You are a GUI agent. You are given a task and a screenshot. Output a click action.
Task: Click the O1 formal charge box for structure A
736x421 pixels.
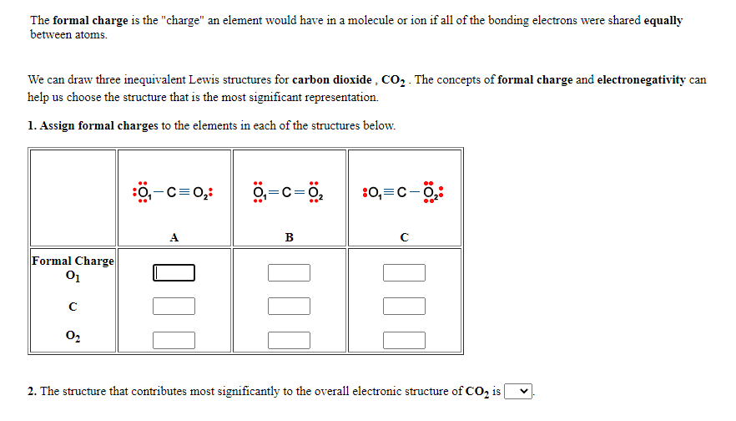174,273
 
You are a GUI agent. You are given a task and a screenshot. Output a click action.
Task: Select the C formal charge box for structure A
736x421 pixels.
174,307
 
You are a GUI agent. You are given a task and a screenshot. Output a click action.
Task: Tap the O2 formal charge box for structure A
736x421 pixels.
174,340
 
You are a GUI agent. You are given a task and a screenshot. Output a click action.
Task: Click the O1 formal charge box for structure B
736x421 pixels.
290,273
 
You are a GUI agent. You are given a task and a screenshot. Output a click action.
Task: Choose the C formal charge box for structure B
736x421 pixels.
290,307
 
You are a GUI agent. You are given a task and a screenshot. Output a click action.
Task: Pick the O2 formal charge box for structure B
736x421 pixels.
290,340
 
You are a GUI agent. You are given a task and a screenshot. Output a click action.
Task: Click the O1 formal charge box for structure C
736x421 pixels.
405,273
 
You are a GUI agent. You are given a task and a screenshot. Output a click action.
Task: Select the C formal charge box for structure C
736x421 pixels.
405,307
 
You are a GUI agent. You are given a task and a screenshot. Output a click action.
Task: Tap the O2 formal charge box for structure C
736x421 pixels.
405,340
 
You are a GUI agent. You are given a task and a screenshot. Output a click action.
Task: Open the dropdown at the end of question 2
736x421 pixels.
518,391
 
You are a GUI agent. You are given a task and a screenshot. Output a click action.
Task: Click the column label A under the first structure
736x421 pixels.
174,236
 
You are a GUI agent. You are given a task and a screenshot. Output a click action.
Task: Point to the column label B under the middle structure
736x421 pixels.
289,236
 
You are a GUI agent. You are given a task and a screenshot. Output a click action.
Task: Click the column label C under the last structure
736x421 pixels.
404,236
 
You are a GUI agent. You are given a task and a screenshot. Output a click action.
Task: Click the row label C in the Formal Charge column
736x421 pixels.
72,306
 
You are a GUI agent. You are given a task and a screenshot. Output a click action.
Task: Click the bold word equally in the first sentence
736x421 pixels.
663,20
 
